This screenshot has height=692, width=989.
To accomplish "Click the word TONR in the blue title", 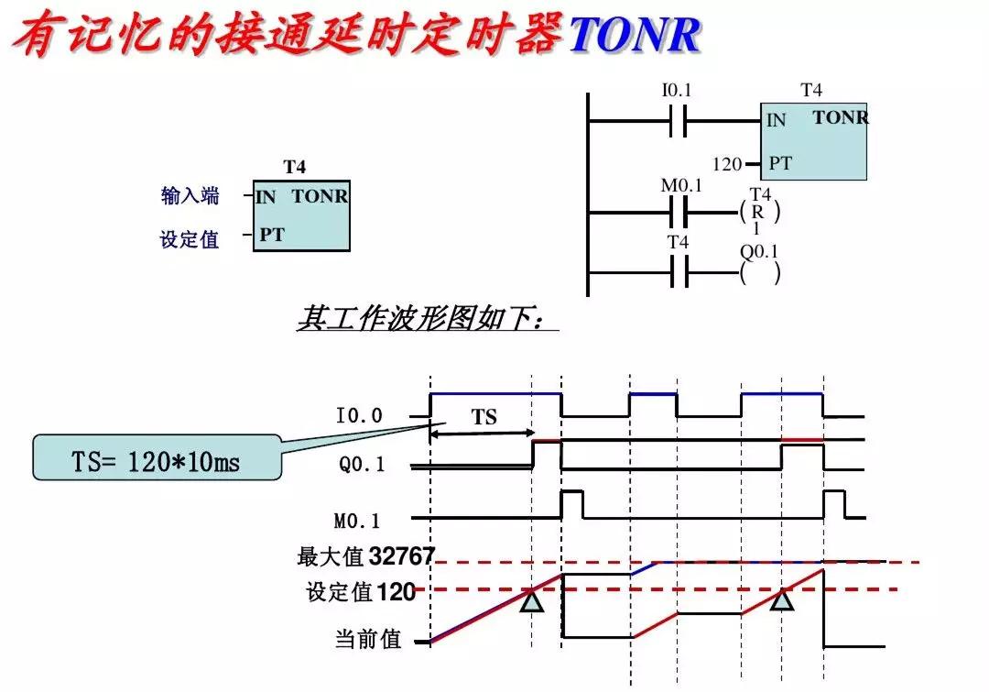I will [635, 35].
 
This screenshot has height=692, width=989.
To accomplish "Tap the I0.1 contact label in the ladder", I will [677, 91].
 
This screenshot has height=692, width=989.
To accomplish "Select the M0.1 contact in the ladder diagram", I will [681, 214].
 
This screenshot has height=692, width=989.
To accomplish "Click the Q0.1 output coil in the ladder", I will [759, 272].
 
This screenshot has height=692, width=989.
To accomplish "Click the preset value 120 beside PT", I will [726, 164].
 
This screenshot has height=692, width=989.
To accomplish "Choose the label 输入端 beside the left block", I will [190, 196].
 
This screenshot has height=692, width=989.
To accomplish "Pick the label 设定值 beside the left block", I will [190, 239].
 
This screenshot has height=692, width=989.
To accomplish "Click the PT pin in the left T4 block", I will [271, 235].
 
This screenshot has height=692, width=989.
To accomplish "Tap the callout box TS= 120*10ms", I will [157, 460].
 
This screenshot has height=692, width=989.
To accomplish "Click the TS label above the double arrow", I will [484, 418].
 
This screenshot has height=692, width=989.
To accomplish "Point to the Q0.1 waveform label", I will [362, 465].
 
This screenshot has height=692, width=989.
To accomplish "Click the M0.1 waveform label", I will [357, 521].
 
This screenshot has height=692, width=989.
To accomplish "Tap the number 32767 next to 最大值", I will [402, 556].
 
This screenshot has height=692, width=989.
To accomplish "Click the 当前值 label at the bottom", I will [368, 640].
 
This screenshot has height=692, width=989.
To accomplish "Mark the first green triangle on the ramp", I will [532, 601].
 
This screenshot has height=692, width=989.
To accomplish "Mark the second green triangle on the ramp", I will [781, 600].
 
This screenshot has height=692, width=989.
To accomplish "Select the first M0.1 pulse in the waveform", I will [571, 503].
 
